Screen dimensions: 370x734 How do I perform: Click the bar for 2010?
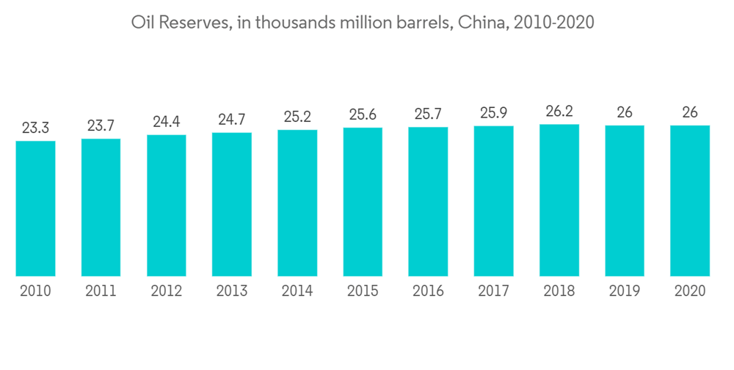(35, 208)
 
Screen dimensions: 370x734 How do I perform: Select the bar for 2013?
(232, 204)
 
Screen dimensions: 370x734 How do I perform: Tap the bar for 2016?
(428, 202)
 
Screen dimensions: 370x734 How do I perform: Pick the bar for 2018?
(559, 200)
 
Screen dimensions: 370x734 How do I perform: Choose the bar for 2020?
(690, 201)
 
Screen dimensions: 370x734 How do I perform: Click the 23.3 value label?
(35, 128)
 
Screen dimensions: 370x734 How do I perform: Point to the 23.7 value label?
(101, 126)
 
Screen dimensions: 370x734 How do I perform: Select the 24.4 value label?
(167, 122)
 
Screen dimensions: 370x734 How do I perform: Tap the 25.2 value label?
(297, 117)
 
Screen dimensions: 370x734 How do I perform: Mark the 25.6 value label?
(363, 115)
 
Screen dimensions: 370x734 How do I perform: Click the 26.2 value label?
(559, 111)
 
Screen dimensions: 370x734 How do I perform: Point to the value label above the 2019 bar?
(625, 112)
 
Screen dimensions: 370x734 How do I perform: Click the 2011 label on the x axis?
(101, 291)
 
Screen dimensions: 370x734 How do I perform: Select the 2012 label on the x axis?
(167, 291)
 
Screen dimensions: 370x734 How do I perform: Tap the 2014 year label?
(297, 291)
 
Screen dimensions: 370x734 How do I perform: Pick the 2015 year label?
(363, 291)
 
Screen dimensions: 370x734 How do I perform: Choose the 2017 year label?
(493, 291)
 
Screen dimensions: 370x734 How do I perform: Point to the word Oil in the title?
(142, 23)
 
